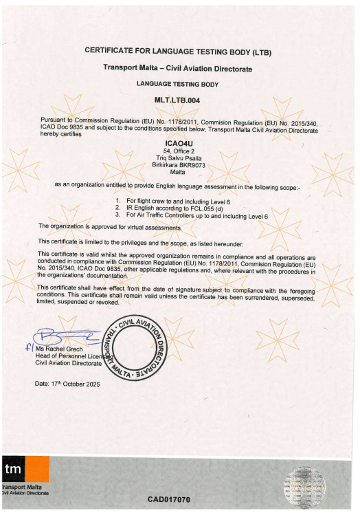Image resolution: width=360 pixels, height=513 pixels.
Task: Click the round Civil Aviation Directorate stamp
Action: coord(136,353)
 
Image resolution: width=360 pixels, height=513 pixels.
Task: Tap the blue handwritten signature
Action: coord(69,339)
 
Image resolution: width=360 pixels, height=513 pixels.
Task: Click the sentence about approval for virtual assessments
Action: coord(110,226)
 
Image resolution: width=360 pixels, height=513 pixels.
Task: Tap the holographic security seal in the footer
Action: coord(310,481)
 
